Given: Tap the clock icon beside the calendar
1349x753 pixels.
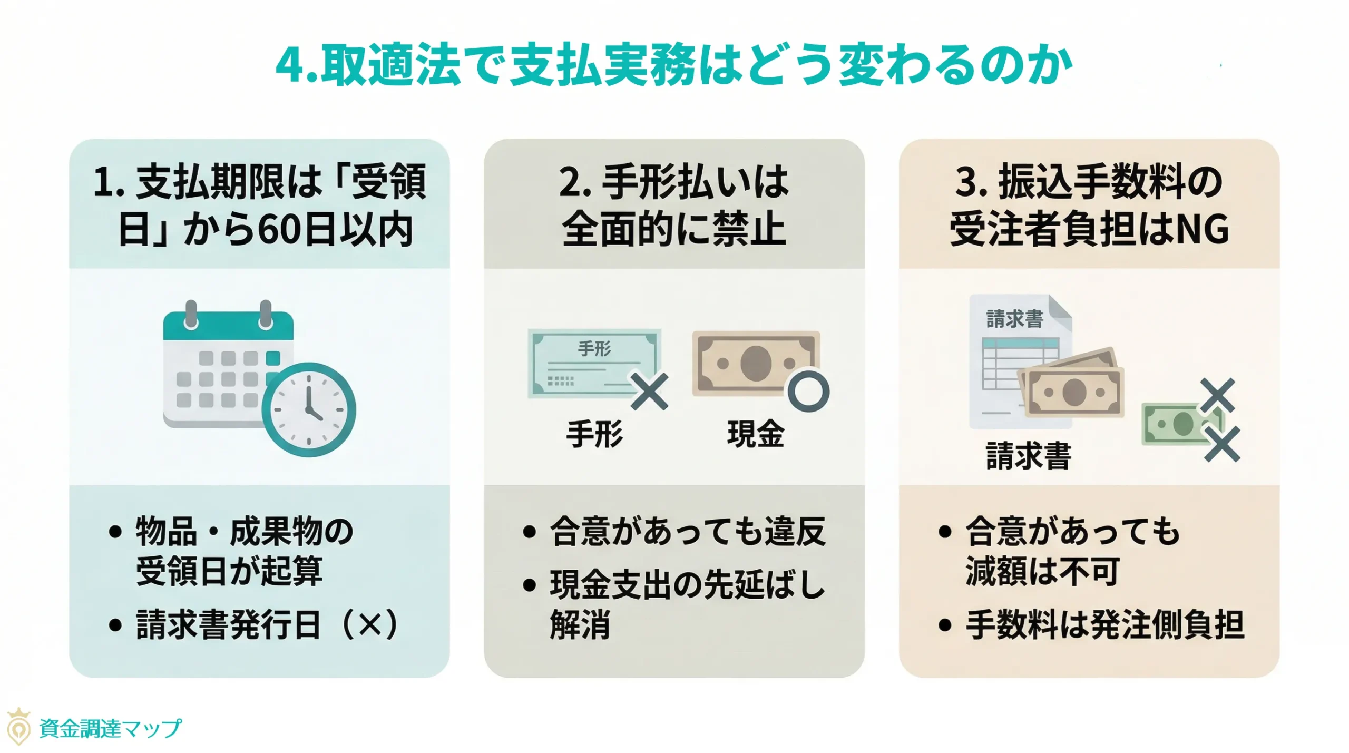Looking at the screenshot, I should [309, 409].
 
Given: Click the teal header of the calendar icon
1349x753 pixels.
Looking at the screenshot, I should [228, 326].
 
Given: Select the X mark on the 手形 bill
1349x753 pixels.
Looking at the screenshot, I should [650, 392].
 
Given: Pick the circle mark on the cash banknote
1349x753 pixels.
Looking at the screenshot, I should [808, 391].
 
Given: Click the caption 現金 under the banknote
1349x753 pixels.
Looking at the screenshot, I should [756, 434].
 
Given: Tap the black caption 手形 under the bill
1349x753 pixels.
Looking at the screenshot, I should [594, 434].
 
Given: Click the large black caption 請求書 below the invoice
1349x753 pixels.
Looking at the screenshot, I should [1028, 456].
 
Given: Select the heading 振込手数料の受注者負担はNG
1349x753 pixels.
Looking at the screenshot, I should [1089, 206].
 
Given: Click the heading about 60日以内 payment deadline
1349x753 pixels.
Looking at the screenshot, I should [259, 206].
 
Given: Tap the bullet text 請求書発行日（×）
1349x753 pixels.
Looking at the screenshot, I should [267, 625].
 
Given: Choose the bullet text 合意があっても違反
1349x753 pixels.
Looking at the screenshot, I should [687, 531].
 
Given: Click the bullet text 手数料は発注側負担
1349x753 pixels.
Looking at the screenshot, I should [1104, 625].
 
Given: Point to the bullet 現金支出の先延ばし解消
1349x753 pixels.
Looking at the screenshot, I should [685, 604].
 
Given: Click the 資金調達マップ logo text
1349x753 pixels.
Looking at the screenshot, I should [110, 729].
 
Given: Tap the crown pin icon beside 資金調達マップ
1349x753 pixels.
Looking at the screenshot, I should [19, 727].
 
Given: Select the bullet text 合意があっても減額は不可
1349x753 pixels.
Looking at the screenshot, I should [1072, 551].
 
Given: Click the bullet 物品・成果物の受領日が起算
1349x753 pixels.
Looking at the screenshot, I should [243, 551].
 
